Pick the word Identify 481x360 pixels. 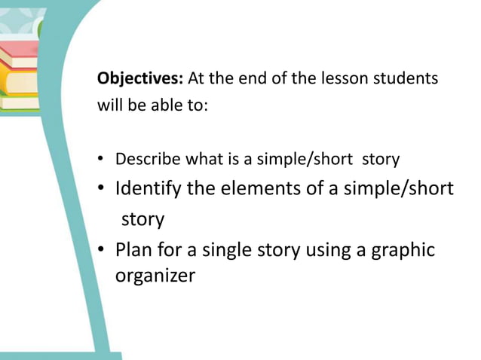[x=148, y=188]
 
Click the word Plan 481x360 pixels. [x=133, y=249]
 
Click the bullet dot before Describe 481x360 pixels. [x=101, y=160]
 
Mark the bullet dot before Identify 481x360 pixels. [x=101, y=190]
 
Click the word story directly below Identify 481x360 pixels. [x=142, y=219]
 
